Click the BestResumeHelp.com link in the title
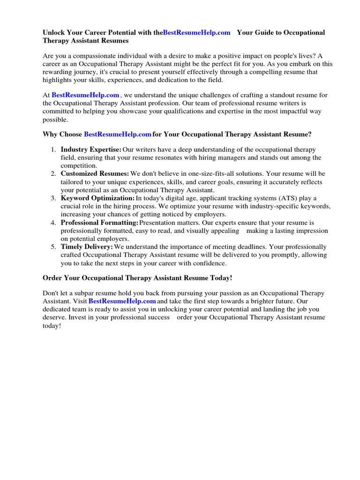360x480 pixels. [196, 32]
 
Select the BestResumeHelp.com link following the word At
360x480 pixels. [85, 95]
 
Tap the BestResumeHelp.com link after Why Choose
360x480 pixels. [117, 135]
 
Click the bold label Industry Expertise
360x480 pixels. [91, 150]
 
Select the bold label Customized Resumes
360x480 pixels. [95, 174]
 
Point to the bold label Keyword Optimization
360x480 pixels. [97, 198]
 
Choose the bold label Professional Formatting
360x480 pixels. [99, 223]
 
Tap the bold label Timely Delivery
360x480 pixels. [87, 247]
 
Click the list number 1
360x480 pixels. [53, 150]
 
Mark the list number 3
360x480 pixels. [53, 198]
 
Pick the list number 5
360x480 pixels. [53, 247]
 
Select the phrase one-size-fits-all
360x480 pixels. [202, 174]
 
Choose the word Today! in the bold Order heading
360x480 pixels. [220, 278]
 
